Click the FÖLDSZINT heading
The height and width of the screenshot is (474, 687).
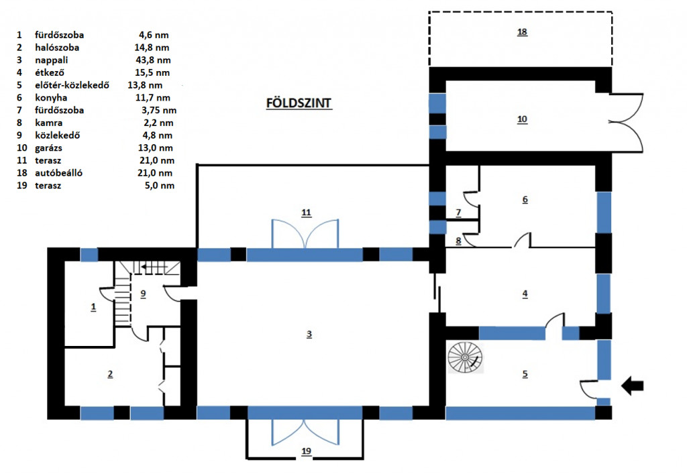299,103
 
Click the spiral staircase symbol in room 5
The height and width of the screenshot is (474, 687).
466,357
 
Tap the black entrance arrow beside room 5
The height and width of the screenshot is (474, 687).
633,386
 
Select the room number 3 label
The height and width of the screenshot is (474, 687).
309,335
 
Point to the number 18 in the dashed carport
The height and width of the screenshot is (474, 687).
522,32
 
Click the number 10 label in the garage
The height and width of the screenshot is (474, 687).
522,119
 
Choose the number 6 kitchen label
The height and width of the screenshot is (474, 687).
525,200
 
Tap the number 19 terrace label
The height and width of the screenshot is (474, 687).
306,451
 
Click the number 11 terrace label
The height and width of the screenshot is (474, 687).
306,213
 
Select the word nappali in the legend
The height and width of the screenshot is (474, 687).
51,60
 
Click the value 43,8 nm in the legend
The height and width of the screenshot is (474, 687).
154,60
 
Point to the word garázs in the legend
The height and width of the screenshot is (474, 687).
48,148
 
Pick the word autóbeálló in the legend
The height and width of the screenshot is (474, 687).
59,173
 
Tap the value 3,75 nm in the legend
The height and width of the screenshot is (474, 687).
159,111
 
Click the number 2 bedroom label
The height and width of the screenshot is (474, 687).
110,374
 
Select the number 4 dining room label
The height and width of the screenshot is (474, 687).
525,294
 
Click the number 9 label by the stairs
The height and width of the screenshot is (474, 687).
143,294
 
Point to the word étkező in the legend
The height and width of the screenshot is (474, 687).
50,72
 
